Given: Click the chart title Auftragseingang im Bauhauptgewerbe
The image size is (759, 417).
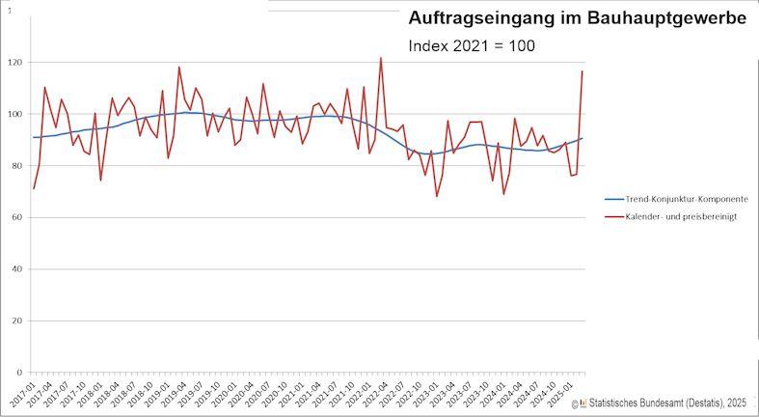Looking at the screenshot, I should point(577,18).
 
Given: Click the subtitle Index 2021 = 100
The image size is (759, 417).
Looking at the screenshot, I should point(472,45).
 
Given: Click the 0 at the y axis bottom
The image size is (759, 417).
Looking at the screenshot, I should point(20,373).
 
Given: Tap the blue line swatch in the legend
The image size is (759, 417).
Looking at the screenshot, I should point(613,198).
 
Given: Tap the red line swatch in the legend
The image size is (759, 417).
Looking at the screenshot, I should point(613,217).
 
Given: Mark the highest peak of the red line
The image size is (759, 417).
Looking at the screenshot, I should point(380,58).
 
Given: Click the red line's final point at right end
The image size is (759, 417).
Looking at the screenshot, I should point(583,70).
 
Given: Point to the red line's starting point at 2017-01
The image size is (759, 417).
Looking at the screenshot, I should point(34,188).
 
